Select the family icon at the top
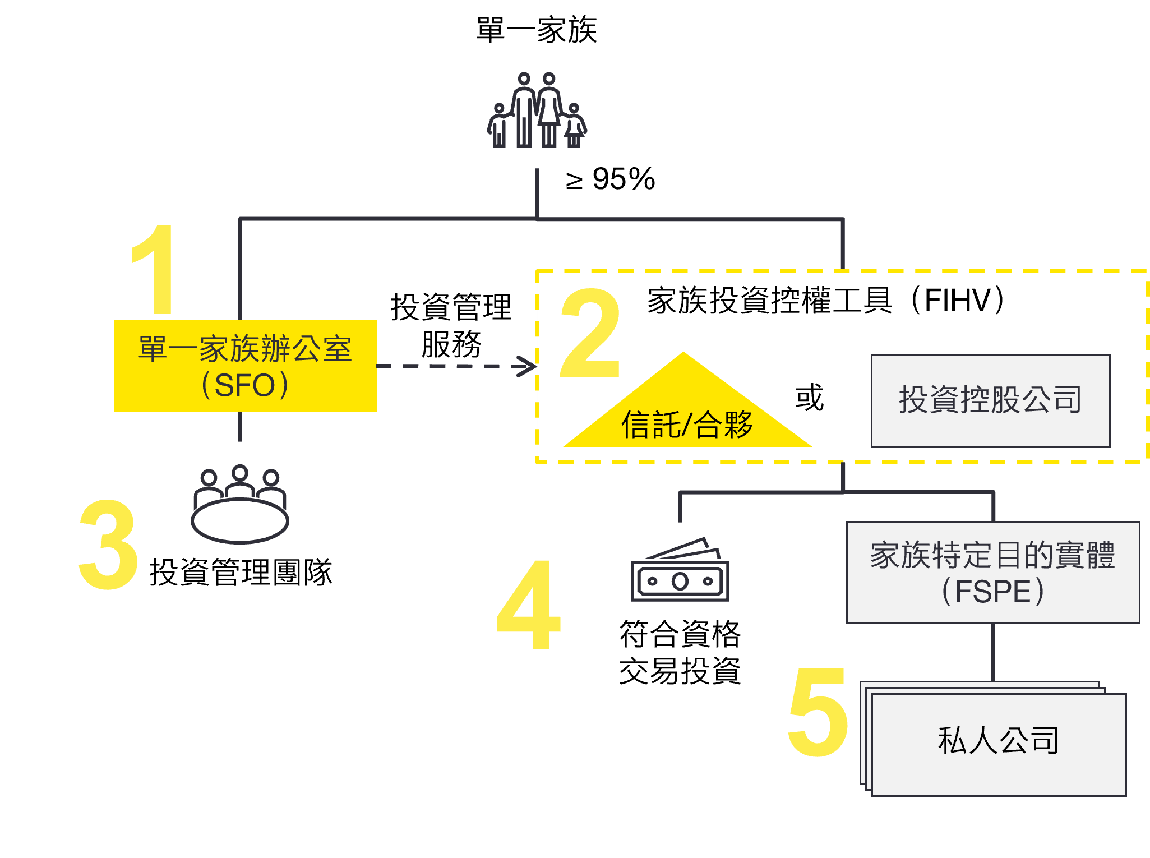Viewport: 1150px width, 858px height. click(x=537, y=110)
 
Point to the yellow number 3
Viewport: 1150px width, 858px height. click(x=108, y=545)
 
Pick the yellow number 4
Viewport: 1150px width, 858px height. click(x=529, y=605)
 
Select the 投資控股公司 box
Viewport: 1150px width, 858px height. click(x=990, y=400)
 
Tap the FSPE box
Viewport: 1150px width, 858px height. click(x=992, y=573)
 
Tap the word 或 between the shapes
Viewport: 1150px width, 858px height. click(x=809, y=398)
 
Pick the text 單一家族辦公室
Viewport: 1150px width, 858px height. click(x=245, y=349)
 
